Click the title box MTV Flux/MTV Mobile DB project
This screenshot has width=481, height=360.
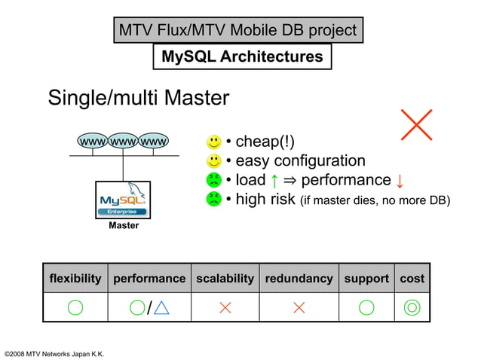coord(237,31)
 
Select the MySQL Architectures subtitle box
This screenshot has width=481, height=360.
coord(242,56)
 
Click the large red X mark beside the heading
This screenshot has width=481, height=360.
coord(416,124)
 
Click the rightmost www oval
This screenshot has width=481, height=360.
coord(154,141)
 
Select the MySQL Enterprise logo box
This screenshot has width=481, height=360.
coord(123,200)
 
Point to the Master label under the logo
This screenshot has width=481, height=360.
coord(123,226)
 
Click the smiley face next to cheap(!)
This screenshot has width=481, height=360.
coord(214,142)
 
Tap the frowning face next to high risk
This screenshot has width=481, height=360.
coord(214,200)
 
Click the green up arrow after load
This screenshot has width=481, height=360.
coord(276,180)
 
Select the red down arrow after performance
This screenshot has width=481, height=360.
coord(400,181)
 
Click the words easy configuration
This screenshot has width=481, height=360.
coord(300,160)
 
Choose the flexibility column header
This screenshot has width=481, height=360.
coord(75,279)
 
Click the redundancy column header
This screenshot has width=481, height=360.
coord(299,279)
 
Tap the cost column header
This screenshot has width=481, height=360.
coord(412,279)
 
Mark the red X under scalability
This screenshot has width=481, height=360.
coord(225,307)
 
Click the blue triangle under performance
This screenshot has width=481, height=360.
coord(161,307)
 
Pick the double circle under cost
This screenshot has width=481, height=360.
coord(412,307)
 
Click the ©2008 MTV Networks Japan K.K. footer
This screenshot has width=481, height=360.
coord(54,354)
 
